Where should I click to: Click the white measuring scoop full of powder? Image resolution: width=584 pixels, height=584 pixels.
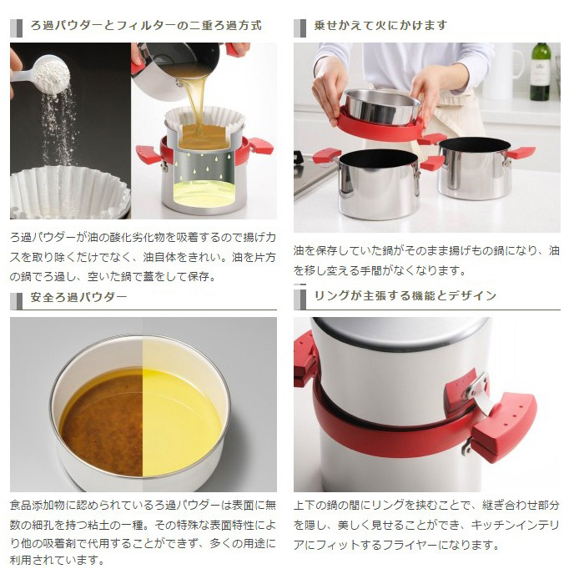pyautogui.click(x=45, y=74)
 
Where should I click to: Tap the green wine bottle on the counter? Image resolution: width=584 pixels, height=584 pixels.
pyautogui.click(x=541, y=72)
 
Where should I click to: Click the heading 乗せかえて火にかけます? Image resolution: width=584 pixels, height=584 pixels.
pyautogui.click(x=380, y=25)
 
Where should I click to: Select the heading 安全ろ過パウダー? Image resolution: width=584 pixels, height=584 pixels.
pyautogui.click(x=79, y=297)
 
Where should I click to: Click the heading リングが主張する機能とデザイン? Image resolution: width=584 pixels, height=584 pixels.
pyautogui.click(x=405, y=295)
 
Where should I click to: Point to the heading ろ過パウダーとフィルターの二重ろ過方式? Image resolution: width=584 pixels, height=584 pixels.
pyautogui.click(x=146, y=25)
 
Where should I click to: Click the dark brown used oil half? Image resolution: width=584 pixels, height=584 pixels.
pyautogui.click(x=101, y=423)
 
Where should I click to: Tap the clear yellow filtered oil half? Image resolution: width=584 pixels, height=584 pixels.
pyautogui.click(x=182, y=422)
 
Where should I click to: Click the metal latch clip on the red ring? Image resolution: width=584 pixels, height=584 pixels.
pyautogui.click(x=480, y=392)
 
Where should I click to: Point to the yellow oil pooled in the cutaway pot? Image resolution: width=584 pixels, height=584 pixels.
pyautogui.click(x=204, y=194)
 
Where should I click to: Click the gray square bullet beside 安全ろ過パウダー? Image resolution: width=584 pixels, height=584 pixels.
pyautogui.click(x=16, y=301)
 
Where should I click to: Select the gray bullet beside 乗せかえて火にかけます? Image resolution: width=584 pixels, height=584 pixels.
pyautogui.click(x=300, y=28)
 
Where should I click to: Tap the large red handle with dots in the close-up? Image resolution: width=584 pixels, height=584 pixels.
pyautogui.click(x=504, y=425)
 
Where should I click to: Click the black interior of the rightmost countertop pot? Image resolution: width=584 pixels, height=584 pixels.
pyautogui.click(x=474, y=145)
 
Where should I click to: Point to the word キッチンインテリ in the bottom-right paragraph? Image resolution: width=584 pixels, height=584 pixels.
pyautogui.click(x=515, y=525)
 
